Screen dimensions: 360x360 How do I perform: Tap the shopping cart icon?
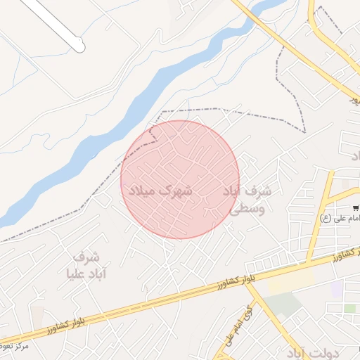click(x=357, y=207)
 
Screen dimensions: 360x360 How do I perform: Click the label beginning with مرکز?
click(x=14, y=346)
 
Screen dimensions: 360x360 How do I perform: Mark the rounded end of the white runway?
click(x=79, y=47)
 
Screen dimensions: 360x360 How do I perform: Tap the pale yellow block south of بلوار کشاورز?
click(x=292, y=282)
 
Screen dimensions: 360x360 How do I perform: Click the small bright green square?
click(x=349, y=308)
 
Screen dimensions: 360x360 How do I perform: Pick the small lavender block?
click(x=337, y=289)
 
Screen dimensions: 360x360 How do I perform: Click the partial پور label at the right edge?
click(x=355, y=101)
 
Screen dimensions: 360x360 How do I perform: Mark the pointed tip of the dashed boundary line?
click(x=305, y=131)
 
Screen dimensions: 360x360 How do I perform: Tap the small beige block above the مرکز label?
click(x=37, y=316)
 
